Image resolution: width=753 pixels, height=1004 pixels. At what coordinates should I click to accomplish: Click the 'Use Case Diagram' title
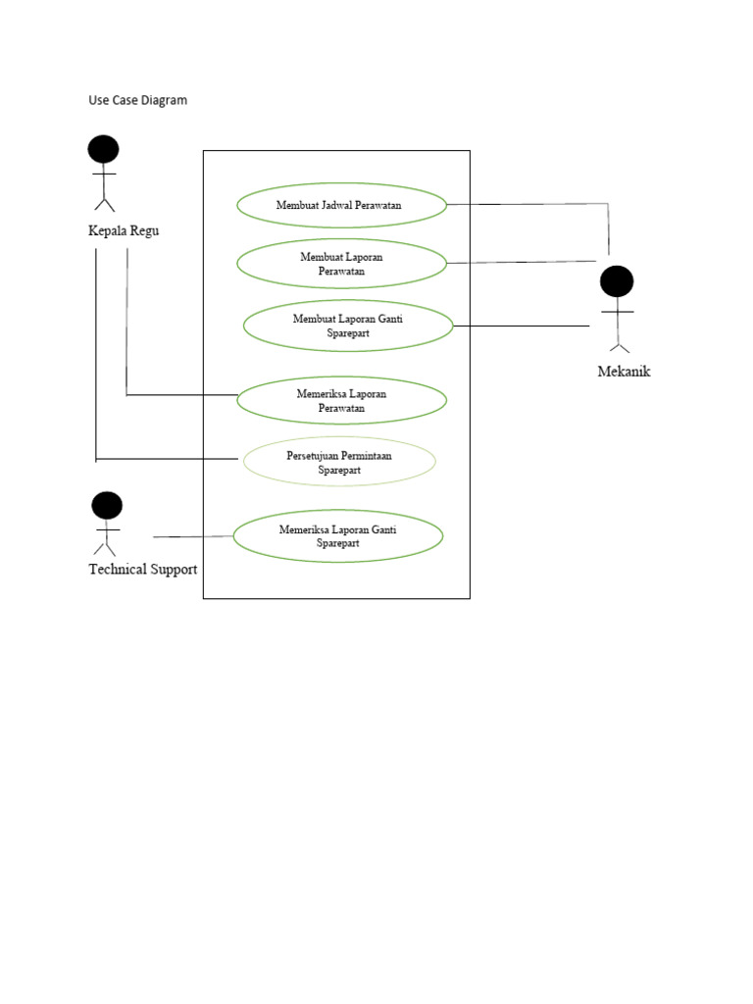point(137,100)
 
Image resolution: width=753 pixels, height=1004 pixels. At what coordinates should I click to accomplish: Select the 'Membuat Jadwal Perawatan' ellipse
point(341,205)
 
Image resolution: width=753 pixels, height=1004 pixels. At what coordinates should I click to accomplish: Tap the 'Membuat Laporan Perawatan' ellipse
point(341,264)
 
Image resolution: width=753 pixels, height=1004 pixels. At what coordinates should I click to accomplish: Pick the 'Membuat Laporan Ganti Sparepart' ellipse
point(348,326)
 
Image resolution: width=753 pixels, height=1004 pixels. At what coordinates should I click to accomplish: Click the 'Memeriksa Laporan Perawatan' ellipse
point(341,400)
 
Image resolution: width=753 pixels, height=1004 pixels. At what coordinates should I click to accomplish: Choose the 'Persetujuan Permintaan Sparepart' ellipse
point(339,462)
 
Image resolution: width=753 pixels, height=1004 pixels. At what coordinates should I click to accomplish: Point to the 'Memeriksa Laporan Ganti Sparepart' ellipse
point(337,535)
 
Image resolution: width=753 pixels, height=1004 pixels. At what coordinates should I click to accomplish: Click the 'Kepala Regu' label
point(124,231)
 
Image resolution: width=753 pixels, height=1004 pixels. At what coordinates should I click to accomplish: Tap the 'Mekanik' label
point(624,372)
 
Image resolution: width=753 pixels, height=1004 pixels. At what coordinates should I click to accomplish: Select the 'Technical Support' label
point(143,570)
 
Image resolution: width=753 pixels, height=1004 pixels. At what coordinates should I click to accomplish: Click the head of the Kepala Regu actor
point(103,149)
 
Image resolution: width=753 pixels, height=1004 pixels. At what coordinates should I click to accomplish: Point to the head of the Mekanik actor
point(617,281)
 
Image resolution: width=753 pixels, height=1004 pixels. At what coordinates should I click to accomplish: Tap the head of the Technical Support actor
point(107,505)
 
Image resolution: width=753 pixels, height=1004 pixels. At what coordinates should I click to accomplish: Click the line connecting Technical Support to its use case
point(193,536)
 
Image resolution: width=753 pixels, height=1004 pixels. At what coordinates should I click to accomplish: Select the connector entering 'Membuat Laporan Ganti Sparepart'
point(521,326)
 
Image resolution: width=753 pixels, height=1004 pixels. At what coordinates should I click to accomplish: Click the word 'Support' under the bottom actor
point(173,570)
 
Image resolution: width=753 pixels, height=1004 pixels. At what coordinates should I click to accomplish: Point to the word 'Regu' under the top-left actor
point(143,231)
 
